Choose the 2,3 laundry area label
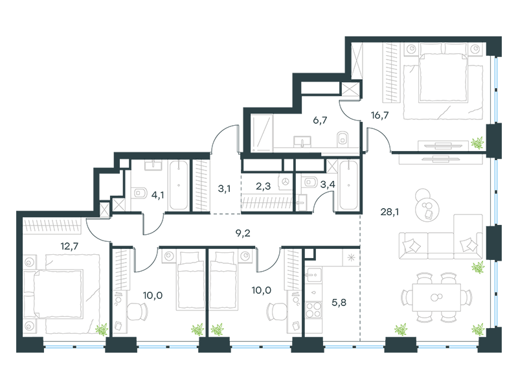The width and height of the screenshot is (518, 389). click(264, 187)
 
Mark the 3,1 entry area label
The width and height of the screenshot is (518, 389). click(225, 189)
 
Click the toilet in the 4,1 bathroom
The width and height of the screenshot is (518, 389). click(138, 193)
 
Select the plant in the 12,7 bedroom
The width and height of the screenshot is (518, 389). click(101, 329)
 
